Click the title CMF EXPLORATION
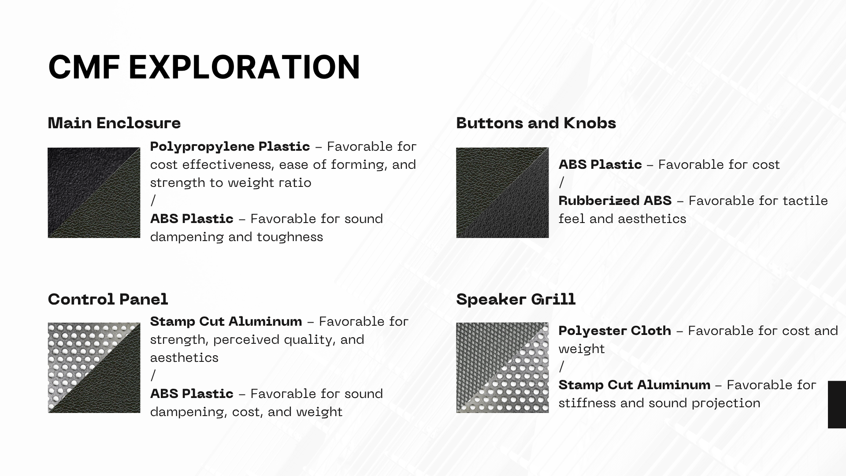tap(204, 67)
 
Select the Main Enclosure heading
tap(114, 123)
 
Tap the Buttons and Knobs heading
tap(536, 123)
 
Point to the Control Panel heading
tap(108, 299)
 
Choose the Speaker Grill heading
tap(516, 299)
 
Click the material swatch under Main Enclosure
tap(94, 193)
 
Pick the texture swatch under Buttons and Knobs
tap(502, 193)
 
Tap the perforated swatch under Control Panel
tap(94, 368)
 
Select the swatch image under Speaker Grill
tap(502, 368)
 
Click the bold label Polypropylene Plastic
tap(230, 147)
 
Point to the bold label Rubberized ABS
tap(615, 201)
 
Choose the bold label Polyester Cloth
tap(615, 331)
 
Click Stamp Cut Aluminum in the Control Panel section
tap(226, 321)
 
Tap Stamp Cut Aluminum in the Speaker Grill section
tap(634, 385)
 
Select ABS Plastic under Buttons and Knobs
tap(600, 164)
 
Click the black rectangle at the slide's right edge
tap(837, 404)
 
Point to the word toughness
tap(290, 237)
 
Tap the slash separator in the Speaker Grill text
tap(561, 367)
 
